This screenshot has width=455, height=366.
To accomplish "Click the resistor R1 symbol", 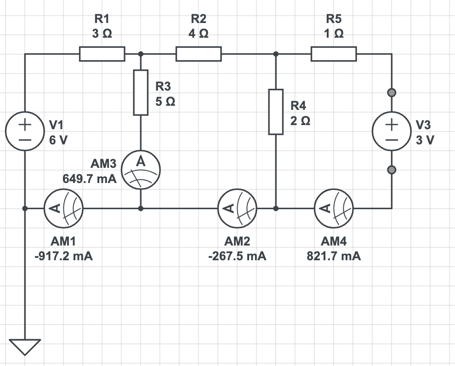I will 102,54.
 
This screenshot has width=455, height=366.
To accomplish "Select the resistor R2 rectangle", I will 199,54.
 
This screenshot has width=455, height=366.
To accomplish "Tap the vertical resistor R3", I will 141,92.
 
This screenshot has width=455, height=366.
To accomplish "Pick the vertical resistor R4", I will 276,112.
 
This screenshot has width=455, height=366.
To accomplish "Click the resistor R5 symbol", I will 334,54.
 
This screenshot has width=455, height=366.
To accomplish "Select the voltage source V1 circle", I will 25,131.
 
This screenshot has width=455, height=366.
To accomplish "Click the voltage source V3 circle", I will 392,131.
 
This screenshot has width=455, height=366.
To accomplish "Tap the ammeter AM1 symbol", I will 63,208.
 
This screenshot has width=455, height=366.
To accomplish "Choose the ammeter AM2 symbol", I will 237,208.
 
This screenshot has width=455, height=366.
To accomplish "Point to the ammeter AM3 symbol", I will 141,170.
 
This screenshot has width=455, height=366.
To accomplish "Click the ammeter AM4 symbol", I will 334,208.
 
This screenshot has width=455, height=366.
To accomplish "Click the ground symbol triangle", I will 25,346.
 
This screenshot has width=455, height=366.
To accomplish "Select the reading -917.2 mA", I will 63,256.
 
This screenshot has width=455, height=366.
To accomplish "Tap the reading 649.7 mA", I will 90,179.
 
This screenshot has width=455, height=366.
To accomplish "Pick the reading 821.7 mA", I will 334,256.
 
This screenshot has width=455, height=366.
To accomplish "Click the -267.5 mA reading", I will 237,256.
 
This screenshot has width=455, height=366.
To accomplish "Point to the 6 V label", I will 58,140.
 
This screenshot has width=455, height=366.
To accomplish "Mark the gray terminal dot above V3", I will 392,92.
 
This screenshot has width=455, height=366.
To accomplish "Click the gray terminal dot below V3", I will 392,170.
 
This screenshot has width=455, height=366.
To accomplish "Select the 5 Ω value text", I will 165,102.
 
